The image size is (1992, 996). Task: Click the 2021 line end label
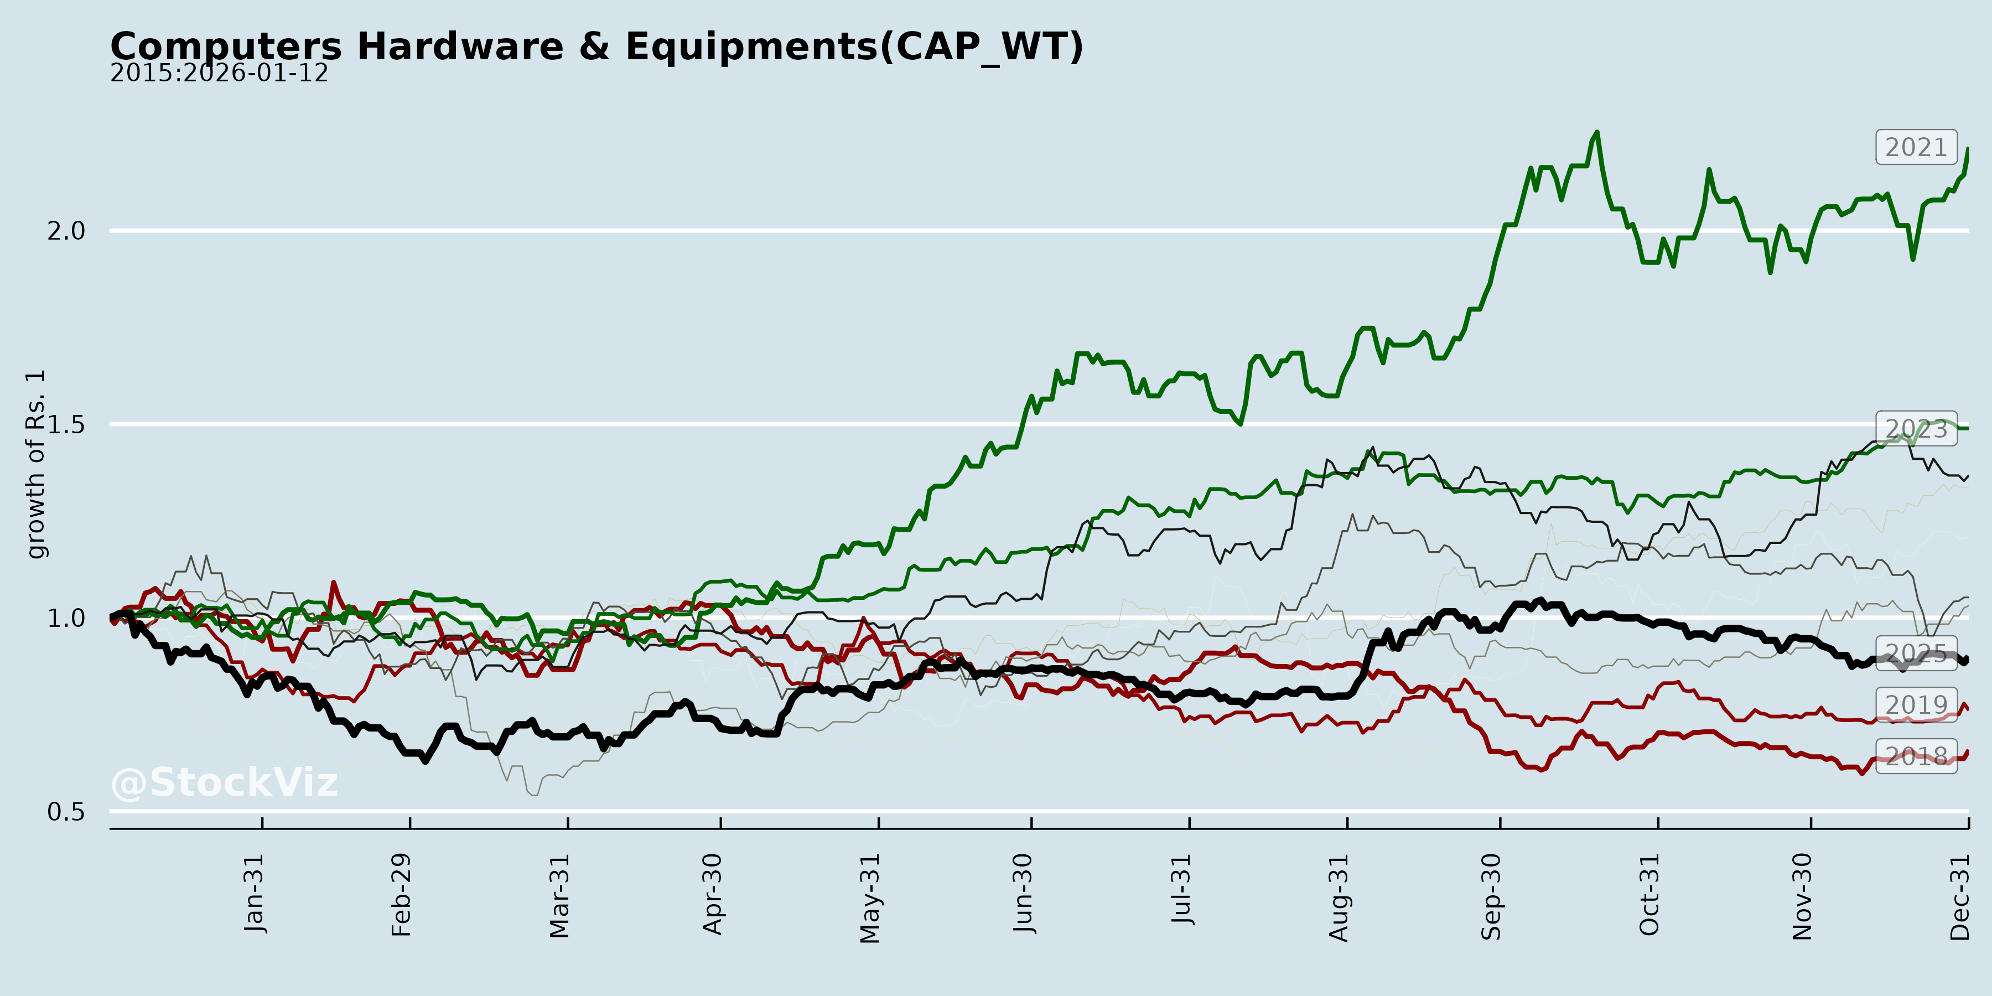click(1916, 147)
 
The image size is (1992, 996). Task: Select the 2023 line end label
click(1916, 428)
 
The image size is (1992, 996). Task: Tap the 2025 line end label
click(1916, 653)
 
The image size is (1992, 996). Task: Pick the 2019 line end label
click(1916, 704)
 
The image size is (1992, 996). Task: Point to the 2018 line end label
click(1916, 755)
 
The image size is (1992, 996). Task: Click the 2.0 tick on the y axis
click(66, 230)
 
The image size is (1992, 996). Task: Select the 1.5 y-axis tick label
click(66, 424)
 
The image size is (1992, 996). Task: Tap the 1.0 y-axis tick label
click(66, 618)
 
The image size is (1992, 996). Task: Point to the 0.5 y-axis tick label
click(66, 811)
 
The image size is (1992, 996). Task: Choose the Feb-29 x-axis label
click(401, 895)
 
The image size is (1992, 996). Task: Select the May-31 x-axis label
click(870, 898)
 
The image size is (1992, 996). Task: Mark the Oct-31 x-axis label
click(1649, 895)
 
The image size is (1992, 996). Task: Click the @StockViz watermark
click(224, 782)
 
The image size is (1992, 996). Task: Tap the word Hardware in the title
click(460, 46)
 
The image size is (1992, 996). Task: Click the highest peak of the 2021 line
click(1597, 132)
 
